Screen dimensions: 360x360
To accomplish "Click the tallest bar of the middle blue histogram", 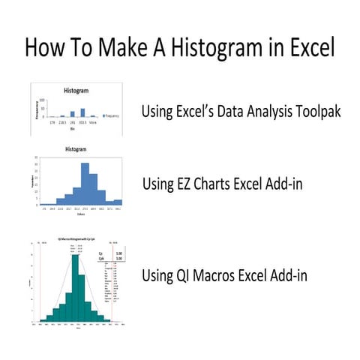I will (85, 184).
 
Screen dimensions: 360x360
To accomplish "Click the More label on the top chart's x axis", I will (92, 122).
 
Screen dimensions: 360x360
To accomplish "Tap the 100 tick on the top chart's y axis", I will (43, 100).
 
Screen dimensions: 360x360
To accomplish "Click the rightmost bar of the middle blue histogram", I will (118, 202).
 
